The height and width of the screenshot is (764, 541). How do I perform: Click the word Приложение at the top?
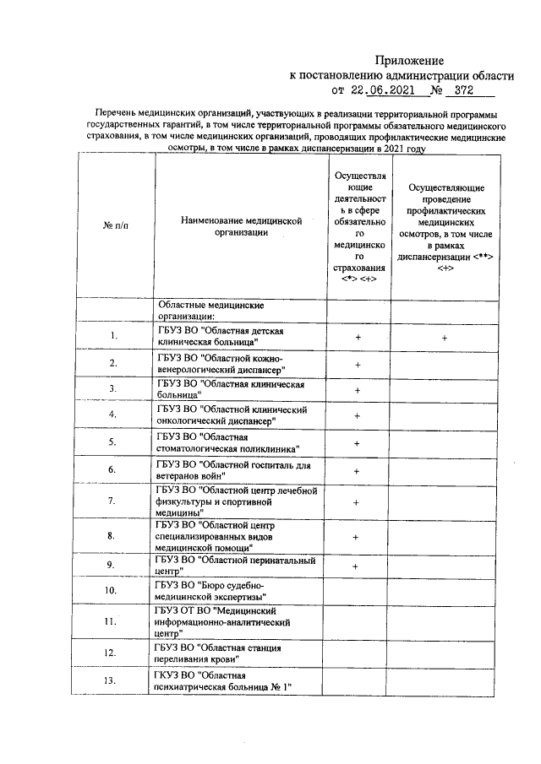tap(409, 61)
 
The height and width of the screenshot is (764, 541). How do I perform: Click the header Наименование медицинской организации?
tap(241, 226)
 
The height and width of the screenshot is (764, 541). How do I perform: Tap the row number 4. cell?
tap(112, 415)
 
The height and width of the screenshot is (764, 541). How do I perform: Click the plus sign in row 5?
tap(358, 442)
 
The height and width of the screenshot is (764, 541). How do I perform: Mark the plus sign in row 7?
tap(358, 501)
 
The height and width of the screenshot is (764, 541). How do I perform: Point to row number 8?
tap(112, 535)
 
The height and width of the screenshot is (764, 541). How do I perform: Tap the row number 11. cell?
tap(112, 622)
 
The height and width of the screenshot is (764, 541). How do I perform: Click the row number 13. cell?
tap(112, 680)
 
